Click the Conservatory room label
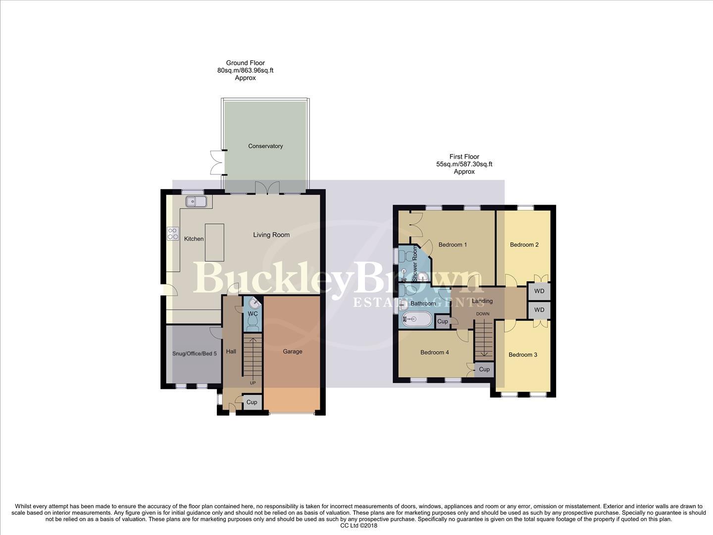(265, 146)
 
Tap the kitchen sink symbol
(197, 201)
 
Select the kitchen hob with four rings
(173, 233)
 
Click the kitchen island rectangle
(214, 242)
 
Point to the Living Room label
(271, 235)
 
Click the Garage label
(293, 351)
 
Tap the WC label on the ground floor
(253, 314)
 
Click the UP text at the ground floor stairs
(253, 383)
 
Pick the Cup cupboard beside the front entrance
(252, 402)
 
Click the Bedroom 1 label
(453, 245)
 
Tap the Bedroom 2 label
(524, 245)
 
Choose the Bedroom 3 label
(523, 355)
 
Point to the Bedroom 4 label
(434, 352)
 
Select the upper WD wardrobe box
(539, 291)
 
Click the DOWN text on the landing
(483, 314)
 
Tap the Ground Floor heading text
(245, 63)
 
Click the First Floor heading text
(464, 157)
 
